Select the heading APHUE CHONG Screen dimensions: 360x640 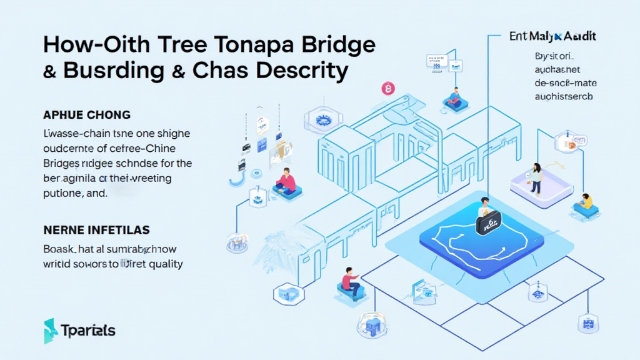[x=87, y=115]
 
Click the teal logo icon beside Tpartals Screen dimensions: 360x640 [x=50, y=330]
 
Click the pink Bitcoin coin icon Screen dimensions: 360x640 [x=387, y=89]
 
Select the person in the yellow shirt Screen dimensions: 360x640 [x=586, y=201]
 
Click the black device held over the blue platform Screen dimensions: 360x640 [x=489, y=222]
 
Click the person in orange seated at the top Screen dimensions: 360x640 [x=454, y=96]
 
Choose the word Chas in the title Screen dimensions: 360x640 [x=235, y=71]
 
